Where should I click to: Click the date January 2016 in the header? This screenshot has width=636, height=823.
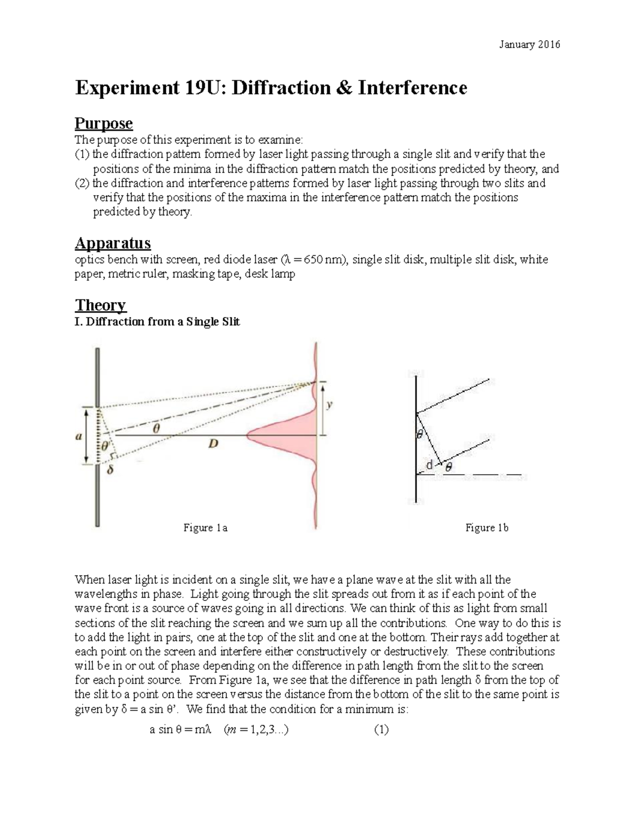pos(529,45)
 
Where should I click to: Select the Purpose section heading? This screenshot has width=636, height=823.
pos(103,123)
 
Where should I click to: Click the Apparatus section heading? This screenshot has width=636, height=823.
pos(112,243)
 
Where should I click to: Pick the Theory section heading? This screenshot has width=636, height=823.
pos(100,305)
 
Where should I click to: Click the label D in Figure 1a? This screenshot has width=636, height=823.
pos(213,444)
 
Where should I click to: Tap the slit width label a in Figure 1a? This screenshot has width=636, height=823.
pos(79,437)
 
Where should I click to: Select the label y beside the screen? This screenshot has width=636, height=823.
pos(330,405)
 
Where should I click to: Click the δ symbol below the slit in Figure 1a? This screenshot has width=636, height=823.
pos(110,470)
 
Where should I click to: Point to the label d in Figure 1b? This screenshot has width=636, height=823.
pos(429,465)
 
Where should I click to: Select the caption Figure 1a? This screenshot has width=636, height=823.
pos(205,528)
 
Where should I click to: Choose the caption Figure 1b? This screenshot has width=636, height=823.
pos(487,528)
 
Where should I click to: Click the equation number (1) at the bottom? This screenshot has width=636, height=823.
pos(381,730)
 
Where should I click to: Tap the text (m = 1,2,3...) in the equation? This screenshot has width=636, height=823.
pos(257,730)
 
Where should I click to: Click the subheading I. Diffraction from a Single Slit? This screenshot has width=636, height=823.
pos(157,322)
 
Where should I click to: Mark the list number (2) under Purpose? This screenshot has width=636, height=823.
pos(83,183)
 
